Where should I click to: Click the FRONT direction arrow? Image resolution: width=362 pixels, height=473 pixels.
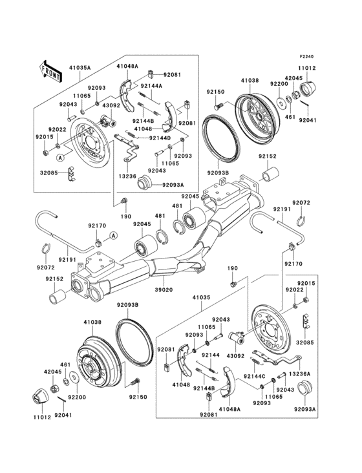coord(51,70)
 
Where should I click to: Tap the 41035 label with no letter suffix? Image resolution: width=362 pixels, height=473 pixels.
coord(201,299)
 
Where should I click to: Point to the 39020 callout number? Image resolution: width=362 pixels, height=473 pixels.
coord(164,291)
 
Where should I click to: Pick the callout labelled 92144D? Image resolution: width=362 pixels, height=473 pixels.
coord(160,138)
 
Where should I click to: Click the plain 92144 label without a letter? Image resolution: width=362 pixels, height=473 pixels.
coord(209,355)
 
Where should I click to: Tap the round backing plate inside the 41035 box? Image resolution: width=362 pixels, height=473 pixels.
coord(267,333)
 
